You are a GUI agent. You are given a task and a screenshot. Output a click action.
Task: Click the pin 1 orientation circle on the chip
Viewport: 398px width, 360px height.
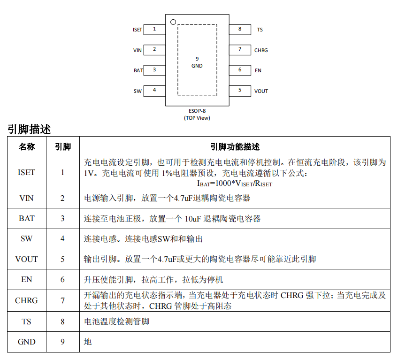click(x=173, y=22)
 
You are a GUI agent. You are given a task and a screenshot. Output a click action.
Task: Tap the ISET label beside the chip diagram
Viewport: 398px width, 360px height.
click(x=138, y=30)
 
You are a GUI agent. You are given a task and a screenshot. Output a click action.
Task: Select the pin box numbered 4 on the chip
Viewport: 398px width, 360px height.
click(x=154, y=91)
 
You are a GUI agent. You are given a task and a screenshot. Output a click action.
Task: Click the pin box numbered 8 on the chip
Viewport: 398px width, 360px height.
click(x=240, y=30)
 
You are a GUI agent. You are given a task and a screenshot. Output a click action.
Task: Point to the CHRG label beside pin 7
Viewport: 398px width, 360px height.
click(x=261, y=50)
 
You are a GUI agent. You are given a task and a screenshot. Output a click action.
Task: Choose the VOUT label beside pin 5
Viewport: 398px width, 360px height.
click(x=261, y=91)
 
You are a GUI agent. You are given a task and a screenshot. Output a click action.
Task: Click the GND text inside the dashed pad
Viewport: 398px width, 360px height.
click(x=197, y=66)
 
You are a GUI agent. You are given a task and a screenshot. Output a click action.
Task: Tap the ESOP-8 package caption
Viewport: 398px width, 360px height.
click(x=197, y=111)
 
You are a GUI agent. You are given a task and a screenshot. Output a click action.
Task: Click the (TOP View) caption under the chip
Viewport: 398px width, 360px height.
click(x=197, y=118)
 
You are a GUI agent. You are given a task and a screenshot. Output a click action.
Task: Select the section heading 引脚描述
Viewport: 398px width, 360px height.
click(x=29, y=129)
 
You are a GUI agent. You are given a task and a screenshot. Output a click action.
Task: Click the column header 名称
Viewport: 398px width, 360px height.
click(x=27, y=147)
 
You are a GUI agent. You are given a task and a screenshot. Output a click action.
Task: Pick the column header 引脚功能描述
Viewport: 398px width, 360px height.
click(x=235, y=147)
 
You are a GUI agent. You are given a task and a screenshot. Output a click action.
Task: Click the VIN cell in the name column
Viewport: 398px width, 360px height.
click(x=26, y=198)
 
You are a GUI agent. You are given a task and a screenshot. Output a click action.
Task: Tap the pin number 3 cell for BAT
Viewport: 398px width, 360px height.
click(x=62, y=218)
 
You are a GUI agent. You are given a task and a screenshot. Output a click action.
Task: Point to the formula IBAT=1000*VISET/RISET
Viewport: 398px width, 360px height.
click(x=235, y=184)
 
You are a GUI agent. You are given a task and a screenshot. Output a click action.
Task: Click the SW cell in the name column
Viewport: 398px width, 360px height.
click(x=26, y=238)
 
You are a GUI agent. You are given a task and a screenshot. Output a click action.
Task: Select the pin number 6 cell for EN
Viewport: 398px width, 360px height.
click(x=62, y=280)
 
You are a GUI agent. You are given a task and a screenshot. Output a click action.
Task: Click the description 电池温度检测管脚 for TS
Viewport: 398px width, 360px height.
click(x=116, y=322)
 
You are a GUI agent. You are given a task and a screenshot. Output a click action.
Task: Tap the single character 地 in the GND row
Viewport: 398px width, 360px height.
click(x=88, y=342)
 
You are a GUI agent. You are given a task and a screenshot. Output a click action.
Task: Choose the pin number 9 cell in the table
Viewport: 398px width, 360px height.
click(x=62, y=342)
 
